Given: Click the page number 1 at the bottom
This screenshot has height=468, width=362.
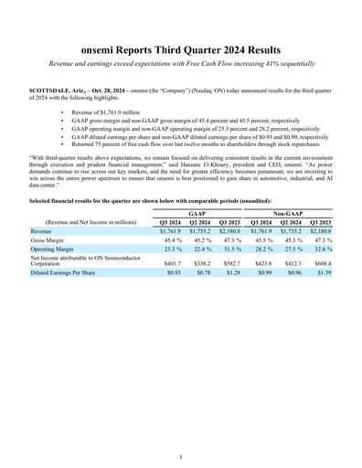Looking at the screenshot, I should pos(181,456).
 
